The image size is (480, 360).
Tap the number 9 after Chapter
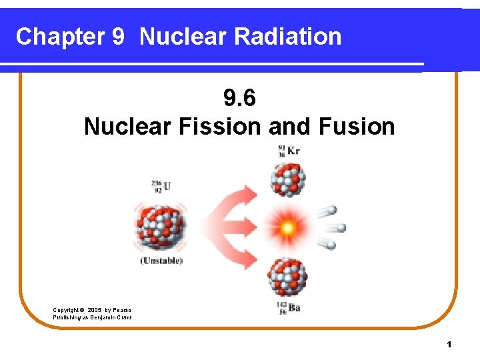(x=117, y=37)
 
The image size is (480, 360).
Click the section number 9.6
(x=239, y=99)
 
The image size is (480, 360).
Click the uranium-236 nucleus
(x=161, y=227)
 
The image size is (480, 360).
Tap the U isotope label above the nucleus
(x=161, y=185)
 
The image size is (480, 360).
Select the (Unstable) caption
(x=161, y=261)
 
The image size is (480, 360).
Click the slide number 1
(x=449, y=344)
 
